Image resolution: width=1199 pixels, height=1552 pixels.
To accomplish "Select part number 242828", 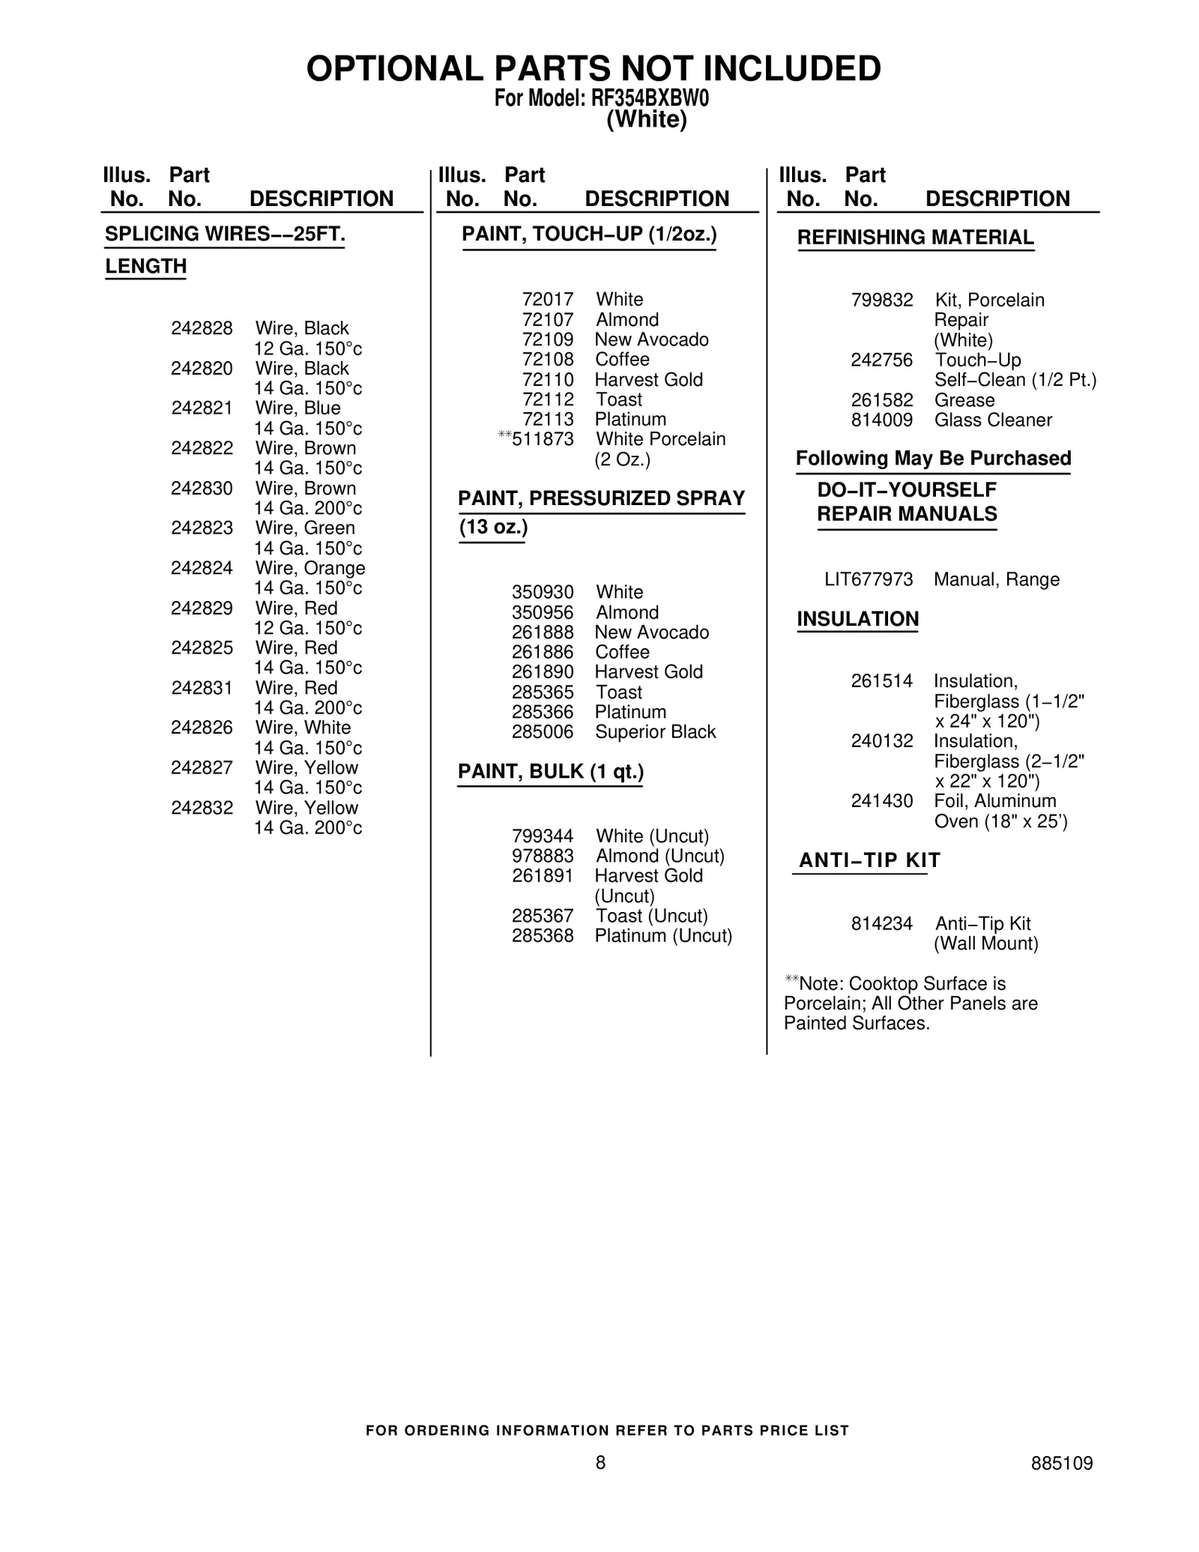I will [x=202, y=328].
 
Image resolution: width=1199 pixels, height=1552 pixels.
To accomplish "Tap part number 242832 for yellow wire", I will [x=202, y=808].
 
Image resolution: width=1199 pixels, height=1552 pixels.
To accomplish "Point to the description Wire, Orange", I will [x=310, y=568].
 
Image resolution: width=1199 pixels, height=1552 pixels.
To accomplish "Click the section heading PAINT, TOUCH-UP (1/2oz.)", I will [x=589, y=235].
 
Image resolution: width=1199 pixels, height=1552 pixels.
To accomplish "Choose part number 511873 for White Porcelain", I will [x=543, y=439].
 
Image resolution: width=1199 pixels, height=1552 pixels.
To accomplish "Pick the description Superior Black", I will [x=656, y=732].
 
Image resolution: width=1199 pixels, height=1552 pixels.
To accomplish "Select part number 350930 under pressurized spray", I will [x=543, y=592].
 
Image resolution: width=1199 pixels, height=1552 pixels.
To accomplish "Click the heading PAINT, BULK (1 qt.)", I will [x=551, y=772].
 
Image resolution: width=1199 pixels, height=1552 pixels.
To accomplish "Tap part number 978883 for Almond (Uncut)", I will [x=543, y=856].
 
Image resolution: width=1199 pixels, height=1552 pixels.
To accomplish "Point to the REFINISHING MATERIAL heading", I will [x=915, y=238].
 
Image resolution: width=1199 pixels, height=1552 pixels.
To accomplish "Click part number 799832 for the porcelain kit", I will [x=882, y=301].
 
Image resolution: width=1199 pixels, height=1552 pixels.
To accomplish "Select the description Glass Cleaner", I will [x=993, y=420].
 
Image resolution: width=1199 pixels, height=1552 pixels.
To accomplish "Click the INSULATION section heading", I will [x=857, y=619].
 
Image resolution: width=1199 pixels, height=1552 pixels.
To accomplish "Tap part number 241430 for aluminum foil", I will [x=882, y=801].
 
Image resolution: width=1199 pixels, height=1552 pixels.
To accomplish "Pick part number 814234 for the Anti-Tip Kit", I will [x=882, y=924].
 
